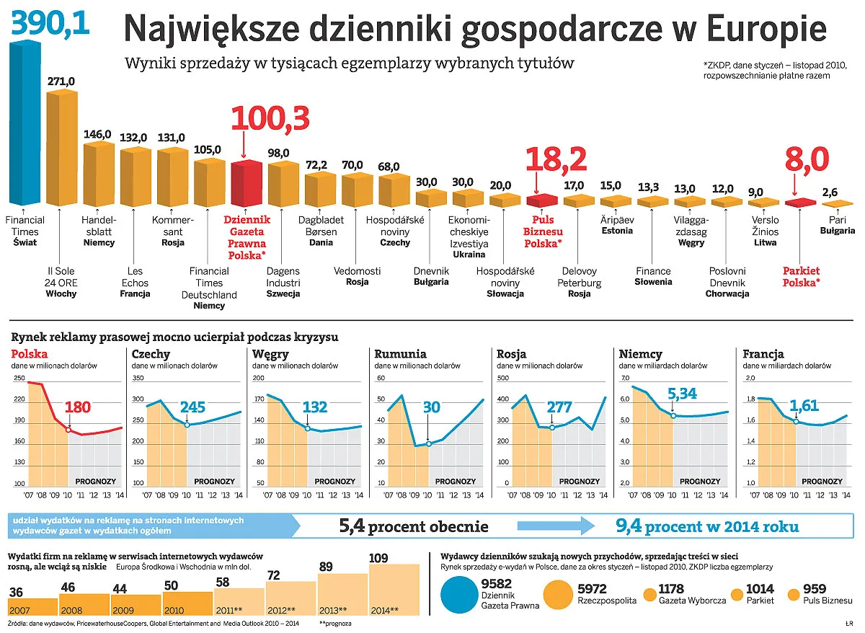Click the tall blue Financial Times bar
25,123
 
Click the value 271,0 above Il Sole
61,82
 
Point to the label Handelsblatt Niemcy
99,231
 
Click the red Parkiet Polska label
801,277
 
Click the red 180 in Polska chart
78,407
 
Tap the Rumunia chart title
400,354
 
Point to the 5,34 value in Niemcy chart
683,394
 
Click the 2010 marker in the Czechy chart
187,425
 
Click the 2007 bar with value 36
32,606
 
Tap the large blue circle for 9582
458,593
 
